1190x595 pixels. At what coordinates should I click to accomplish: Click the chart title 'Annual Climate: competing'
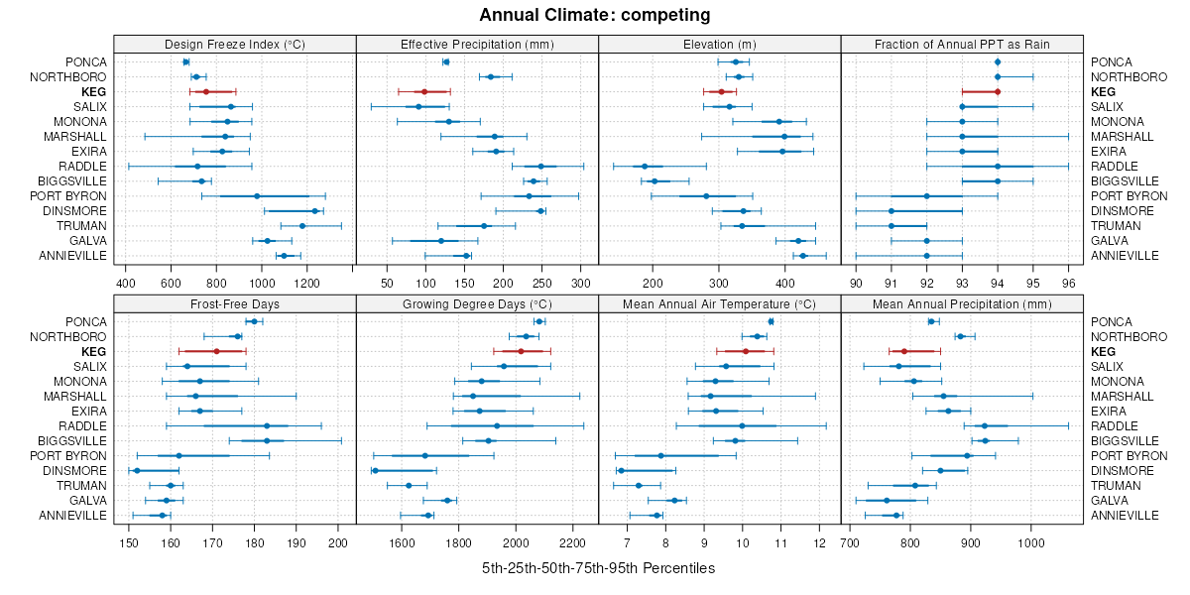595,15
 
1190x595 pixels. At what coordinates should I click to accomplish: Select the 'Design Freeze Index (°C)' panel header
235,44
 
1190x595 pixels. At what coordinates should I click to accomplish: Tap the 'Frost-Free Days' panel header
235,303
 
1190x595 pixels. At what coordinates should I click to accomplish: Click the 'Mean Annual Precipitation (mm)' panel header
961,303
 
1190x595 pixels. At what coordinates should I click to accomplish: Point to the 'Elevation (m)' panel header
719,44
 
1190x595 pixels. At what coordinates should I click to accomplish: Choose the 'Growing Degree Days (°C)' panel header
477,303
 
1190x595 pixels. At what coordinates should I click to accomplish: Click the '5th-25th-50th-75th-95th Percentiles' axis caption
598,568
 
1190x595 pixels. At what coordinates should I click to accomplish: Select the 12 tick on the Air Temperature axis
819,542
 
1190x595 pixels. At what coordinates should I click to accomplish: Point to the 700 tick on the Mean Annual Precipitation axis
850,542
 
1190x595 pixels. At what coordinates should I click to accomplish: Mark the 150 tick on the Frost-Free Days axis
128,542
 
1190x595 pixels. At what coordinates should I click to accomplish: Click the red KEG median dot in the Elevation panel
721,91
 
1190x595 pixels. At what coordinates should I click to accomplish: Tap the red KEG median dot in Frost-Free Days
216,351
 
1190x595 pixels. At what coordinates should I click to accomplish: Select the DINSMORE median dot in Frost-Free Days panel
137,470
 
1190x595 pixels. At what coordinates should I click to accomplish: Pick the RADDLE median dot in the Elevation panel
645,166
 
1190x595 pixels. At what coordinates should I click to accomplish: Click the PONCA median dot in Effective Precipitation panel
445,61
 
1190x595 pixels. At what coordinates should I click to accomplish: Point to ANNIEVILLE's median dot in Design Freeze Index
284,255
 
